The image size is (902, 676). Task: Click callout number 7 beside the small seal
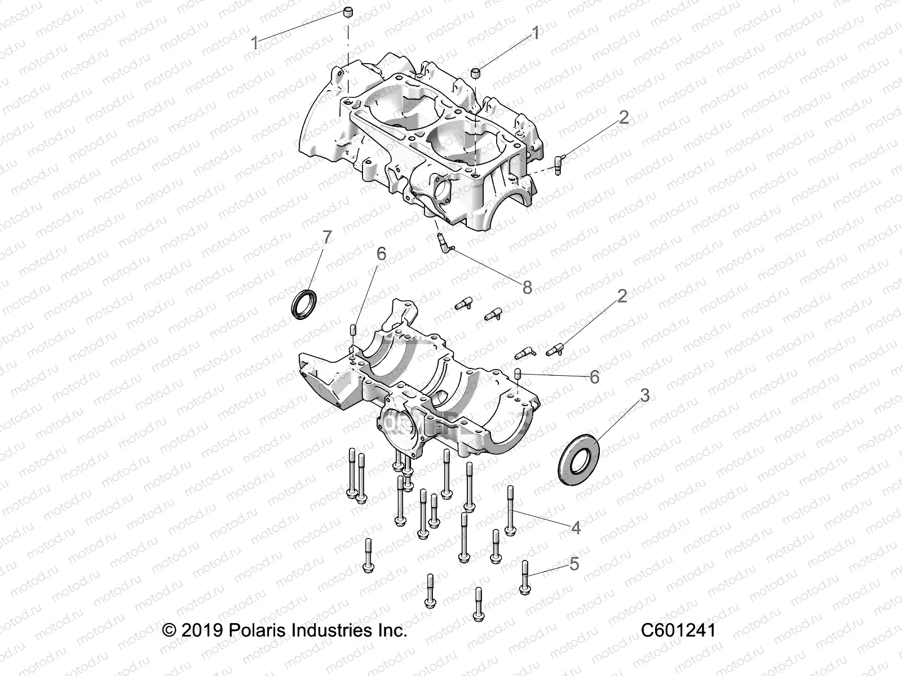pyautogui.click(x=326, y=238)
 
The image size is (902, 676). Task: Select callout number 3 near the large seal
pyautogui.click(x=644, y=395)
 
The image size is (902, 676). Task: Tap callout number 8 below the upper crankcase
pyautogui.click(x=527, y=288)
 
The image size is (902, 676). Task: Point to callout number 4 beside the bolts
pyautogui.click(x=576, y=528)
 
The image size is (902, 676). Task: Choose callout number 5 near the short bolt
pyautogui.click(x=574, y=564)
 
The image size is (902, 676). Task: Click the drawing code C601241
pyautogui.click(x=678, y=630)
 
